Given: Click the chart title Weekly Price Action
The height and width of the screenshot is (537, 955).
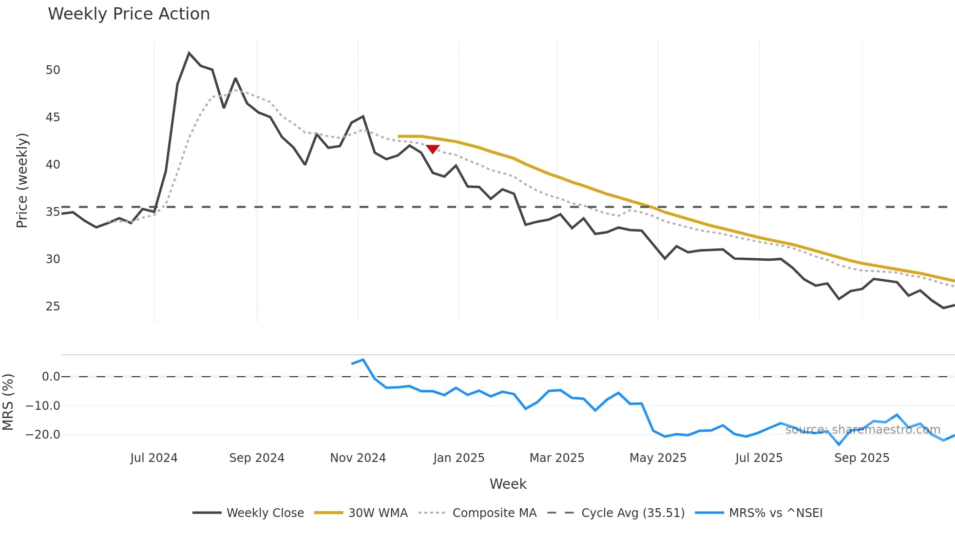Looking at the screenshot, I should (x=129, y=14).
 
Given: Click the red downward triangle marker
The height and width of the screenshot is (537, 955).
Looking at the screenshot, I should (x=433, y=149).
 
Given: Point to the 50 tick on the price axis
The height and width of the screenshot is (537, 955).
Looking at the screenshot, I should (x=53, y=70).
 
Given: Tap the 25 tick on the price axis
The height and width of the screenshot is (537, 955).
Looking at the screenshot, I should (x=53, y=307).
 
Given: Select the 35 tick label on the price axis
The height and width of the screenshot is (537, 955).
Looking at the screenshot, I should (x=53, y=212).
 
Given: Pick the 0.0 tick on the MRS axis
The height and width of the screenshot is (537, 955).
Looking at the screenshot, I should (x=51, y=377).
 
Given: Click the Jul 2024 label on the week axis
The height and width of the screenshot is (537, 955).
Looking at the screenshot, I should (x=154, y=458).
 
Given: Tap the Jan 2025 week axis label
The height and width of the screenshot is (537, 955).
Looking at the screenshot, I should (x=458, y=458).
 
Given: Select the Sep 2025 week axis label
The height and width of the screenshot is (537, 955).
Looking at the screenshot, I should (x=861, y=458).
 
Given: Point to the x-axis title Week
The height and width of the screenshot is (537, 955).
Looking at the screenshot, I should (x=508, y=484).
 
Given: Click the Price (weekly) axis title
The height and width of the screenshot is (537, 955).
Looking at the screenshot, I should (x=22, y=180).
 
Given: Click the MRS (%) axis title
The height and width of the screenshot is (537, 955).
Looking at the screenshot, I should (x=8, y=402).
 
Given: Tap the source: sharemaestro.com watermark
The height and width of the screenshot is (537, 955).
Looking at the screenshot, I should (x=862, y=430).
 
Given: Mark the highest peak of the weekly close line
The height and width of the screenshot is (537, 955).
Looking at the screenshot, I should (x=189, y=53).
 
